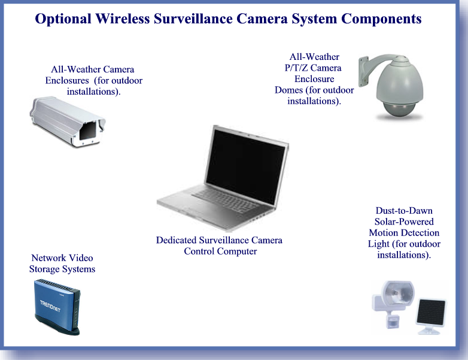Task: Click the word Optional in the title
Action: [x=63, y=19]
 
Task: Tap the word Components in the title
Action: [x=381, y=19]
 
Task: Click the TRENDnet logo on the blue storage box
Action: [x=50, y=306]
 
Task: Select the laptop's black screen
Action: [x=245, y=166]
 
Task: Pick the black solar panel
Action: [x=431, y=312]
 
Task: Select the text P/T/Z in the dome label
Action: [x=296, y=68]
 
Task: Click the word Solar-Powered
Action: [x=404, y=222]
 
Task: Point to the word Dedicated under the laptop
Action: [x=176, y=240]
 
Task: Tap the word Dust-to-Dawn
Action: [x=404, y=211]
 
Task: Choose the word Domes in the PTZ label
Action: [x=288, y=90]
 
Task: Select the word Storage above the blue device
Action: [x=44, y=269]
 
